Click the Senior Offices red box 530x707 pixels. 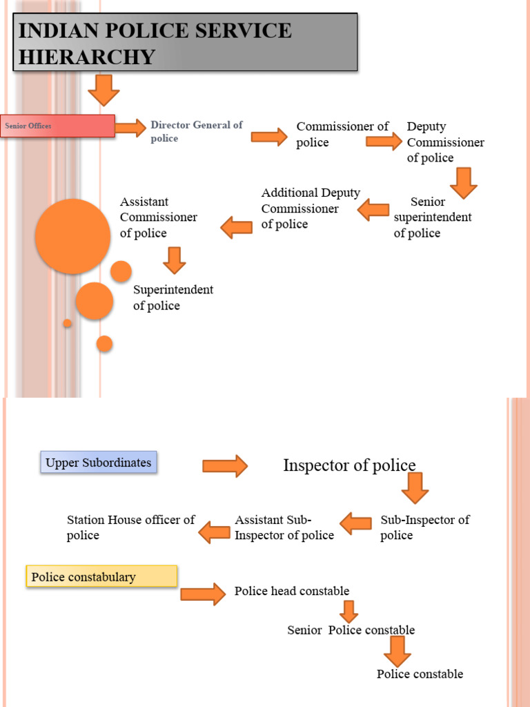click(x=57, y=126)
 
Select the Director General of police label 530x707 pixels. click(x=196, y=132)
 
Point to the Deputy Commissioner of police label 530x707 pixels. click(x=445, y=142)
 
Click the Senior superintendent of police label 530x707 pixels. click(x=432, y=217)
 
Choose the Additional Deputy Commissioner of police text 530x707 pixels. click(x=310, y=209)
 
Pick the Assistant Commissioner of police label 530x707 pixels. click(x=158, y=217)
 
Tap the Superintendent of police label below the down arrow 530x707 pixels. click(x=173, y=298)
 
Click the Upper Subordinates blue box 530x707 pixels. click(x=99, y=463)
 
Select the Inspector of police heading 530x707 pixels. click(x=349, y=465)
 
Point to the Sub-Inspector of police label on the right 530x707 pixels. click(x=424, y=527)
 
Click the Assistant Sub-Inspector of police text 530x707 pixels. click(x=284, y=527)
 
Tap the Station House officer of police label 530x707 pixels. click(x=130, y=527)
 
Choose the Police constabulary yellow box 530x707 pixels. click(x=101, y=577)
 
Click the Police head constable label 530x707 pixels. click(x=291, y=591)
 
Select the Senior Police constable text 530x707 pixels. click(x=351, y=630)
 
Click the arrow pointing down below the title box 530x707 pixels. click(x=104, y=89)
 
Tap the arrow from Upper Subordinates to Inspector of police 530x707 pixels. click(x=225, y=466)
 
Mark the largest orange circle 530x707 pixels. click(x=72, y=236)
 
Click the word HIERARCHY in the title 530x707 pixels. click(x=86, y=56)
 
